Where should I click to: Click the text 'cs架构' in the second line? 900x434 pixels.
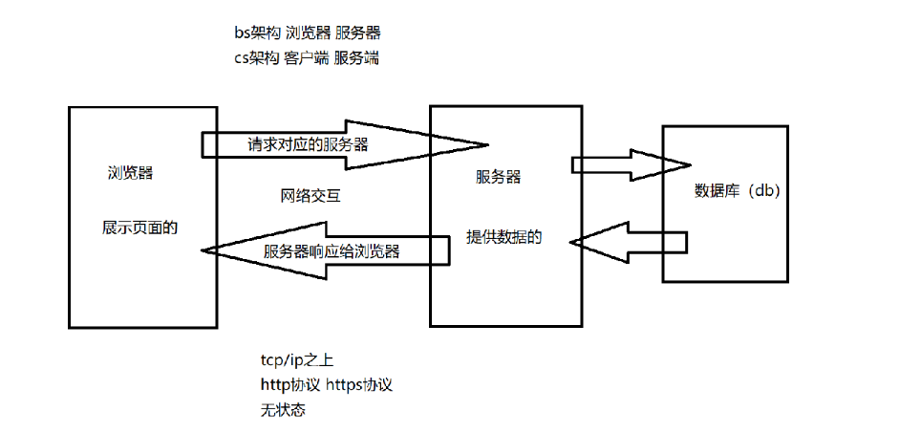(x=256, y=57)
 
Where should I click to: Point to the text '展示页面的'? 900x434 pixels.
(x=140, y=228)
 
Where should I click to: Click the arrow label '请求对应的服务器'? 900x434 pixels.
(x=308, y=145)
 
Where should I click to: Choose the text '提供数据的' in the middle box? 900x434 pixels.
(x=504, y=237)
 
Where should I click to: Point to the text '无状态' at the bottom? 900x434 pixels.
(x=282, y=409)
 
